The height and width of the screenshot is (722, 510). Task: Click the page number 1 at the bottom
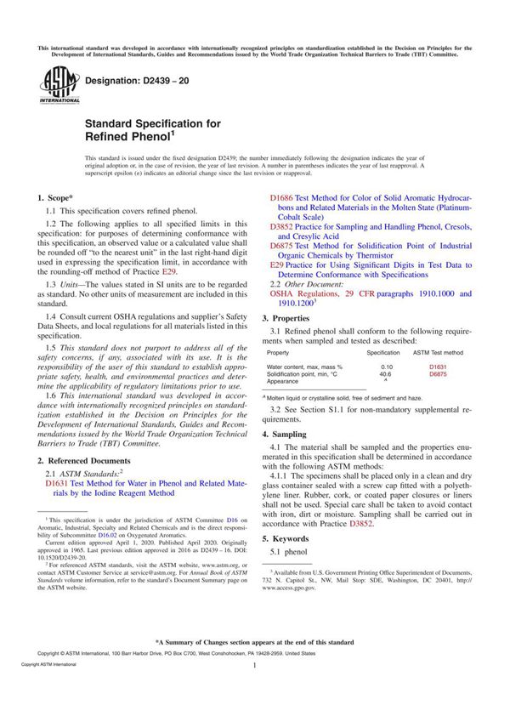tap(255, 690)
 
